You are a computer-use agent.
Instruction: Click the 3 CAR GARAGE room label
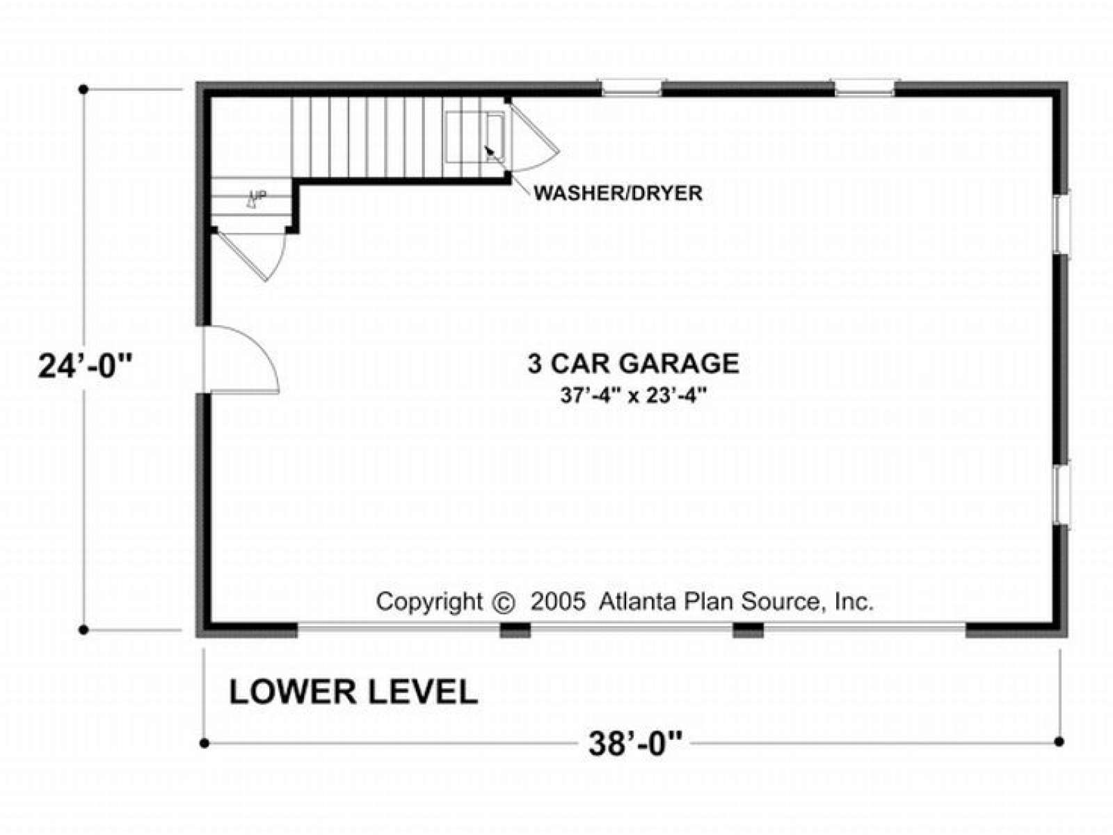click(633, 363)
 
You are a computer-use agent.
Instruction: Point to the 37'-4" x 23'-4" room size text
click(633, 395)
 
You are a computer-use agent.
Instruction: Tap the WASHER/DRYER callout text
click(618, 193)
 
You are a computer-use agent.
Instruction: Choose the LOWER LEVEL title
click(353, 692)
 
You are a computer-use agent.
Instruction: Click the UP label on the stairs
click(259, 195)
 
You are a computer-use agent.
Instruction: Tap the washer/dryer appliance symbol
click(475, 137)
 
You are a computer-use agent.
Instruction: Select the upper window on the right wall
click(1062, 224)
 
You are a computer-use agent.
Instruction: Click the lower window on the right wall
click(1062, 495)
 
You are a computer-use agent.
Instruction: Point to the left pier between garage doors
click(515, 630)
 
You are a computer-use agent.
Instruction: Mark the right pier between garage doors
click(748, 630)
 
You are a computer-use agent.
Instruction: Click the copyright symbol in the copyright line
click(504, 603)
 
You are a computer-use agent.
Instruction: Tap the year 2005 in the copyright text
click(558, 603)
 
